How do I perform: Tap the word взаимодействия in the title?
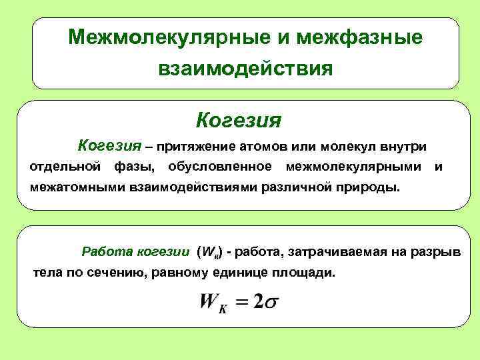pos(245,68)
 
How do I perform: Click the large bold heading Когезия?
pos(239,121)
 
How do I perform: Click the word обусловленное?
pos(220,166)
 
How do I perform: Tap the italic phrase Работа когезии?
pos(135,252)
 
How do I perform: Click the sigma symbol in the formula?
pos(271,303)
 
